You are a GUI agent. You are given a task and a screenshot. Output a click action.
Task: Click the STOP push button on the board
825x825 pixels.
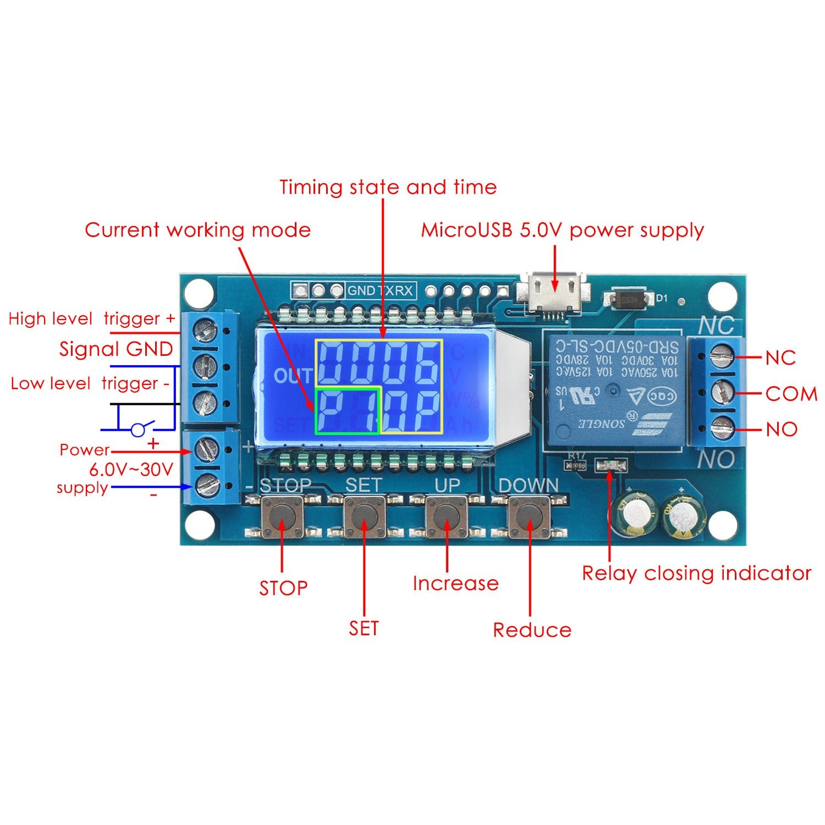[283, 516]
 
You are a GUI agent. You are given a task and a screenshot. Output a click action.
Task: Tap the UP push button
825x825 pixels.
[447, 516]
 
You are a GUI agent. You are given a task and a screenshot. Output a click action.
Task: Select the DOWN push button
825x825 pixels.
[529, 516]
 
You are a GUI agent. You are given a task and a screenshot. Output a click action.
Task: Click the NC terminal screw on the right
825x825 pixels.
[723, 358]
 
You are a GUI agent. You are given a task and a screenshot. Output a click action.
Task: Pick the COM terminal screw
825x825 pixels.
[723, 393]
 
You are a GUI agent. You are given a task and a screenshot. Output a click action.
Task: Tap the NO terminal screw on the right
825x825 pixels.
[723, 428]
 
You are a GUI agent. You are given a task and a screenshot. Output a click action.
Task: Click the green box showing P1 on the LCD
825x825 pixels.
[347, 410]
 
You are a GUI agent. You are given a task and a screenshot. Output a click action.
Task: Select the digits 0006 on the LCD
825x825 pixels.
[378, 364]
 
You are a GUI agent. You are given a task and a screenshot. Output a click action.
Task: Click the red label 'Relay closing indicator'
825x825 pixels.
[696, 574]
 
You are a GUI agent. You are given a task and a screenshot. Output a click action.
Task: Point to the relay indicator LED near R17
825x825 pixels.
[610, 466]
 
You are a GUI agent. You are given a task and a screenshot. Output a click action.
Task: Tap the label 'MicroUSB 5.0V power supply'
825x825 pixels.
[562, 230]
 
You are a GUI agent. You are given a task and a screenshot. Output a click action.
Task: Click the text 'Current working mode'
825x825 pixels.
[198, 230]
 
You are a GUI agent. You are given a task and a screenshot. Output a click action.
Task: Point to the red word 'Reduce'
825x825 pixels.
[532, 630]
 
